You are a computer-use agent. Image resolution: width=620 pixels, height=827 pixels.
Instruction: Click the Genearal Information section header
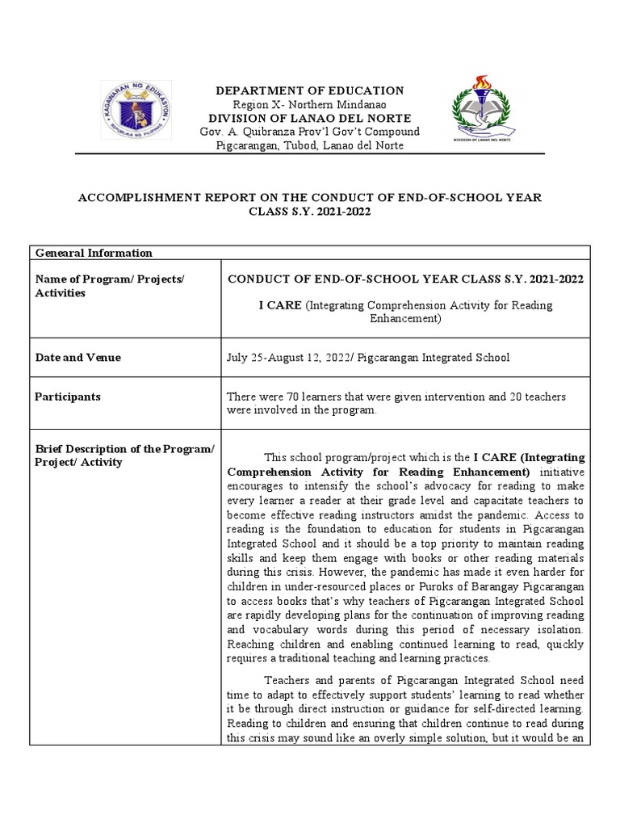coord(94,253)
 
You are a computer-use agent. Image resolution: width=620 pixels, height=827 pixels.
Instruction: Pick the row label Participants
coord(68,397)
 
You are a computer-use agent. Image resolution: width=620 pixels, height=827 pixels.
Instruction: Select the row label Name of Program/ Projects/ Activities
coord(110,286)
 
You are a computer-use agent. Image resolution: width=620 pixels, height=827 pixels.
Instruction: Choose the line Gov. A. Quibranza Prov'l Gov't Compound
coord(311,132)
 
